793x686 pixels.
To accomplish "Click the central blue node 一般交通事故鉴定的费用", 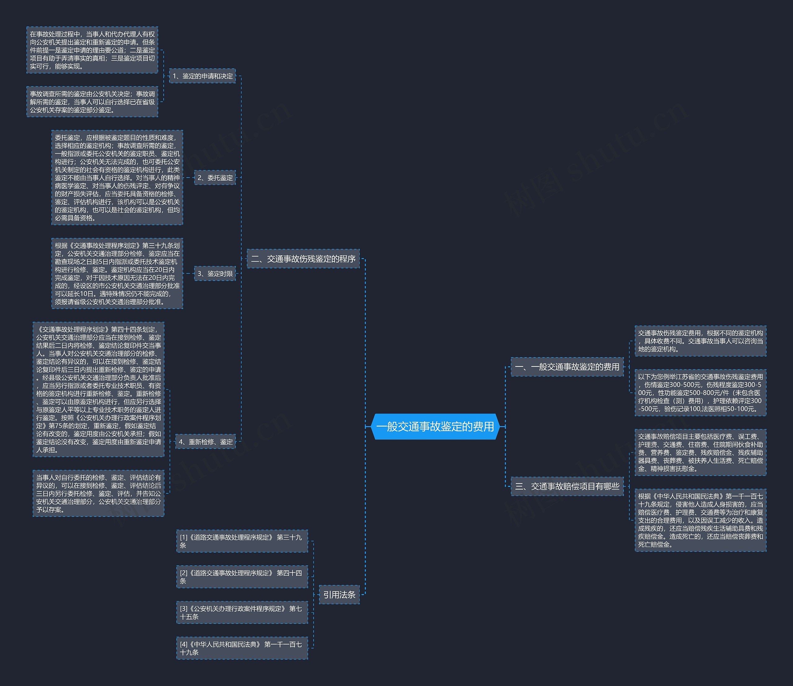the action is click(x=436, y=426).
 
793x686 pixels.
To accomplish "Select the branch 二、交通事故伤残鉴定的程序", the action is click(x=303, y=259).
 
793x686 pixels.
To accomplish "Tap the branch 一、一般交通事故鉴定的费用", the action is click(x=567, y=367).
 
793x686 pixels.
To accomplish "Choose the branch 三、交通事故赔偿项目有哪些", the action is click(x=567, y=486).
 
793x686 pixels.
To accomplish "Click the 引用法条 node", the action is click(x=340, y=595).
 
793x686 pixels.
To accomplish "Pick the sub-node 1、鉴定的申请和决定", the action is click(x=203, y=76).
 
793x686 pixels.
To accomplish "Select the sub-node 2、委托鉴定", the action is click(x=215, y=178).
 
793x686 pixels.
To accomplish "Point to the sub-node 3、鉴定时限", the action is click(x=215, y=274).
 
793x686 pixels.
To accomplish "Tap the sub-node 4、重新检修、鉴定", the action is click(x=205, y=442).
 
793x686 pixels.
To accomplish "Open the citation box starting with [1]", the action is click(x=242, y=541).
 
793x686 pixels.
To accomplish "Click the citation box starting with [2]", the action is click(x=242, y=577).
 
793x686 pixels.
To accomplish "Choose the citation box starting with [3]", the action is click(x=242, y=613).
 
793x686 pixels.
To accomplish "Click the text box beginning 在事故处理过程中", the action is click(x=92, y=50).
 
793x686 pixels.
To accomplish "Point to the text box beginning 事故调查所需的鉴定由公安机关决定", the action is click(x=92, y=101).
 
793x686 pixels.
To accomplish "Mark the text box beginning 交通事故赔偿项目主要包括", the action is click(x=700, y=452).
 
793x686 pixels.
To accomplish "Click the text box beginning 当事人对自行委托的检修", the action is click(x=99, y=494).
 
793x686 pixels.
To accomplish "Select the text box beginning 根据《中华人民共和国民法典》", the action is click(x=700, y=520).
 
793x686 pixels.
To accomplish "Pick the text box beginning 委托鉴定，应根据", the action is click(x=117, y=178).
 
